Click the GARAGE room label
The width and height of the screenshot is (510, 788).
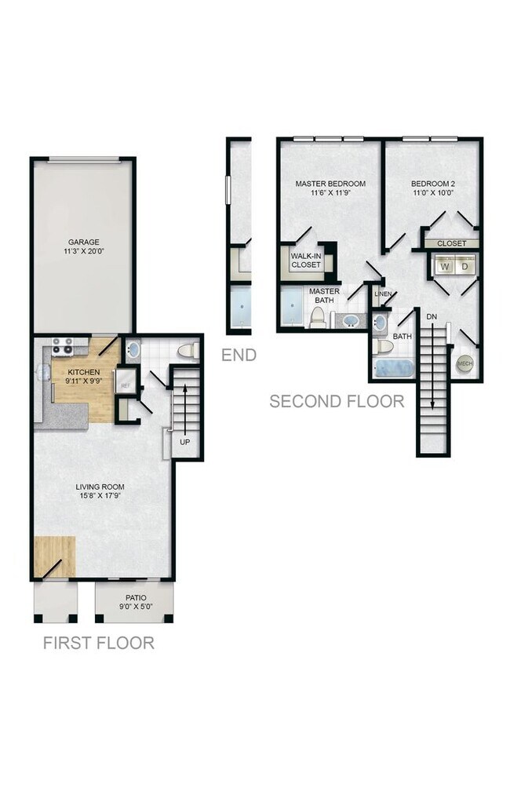pyautogui.click(x=84, y=243)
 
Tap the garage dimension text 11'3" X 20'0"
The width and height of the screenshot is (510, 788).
pyautogui.click(x=84, y=251)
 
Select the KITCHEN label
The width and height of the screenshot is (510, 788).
pyautogui.click(x=84, y=372)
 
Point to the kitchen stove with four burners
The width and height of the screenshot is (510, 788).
pyautogui.click(x=64, y=346)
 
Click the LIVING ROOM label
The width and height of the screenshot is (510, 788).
pyautogui.click(x=100, y=487)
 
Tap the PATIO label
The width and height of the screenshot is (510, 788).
pyautogui.click(x=136, y=598)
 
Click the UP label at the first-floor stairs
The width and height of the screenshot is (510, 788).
pyautogui.click(x=185, y=442)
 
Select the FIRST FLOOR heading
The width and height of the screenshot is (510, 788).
pyautogui.click(x=99, y=643)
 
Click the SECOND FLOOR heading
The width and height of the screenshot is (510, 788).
pyautogui.click(x=337, y=402)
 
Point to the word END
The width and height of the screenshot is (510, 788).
pyautogui.click(x=239, y=356)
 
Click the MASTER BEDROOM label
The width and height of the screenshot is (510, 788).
pyautogui.click(x=330, y=184)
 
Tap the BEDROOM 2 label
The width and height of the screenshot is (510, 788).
pyautogui.click(x=433, y=184)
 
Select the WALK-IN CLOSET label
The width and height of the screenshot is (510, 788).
pyautogui.click(x=306, y=261)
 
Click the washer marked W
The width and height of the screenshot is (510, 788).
pyautogui.click(x=445, y=266)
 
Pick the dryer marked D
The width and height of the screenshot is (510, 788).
pyautogui.click(x=465, y=266)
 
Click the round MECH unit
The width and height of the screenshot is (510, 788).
pyautogui.click(x=464, y=364)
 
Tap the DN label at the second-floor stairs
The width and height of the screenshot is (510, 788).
pyautogui.click(x=432, y=317)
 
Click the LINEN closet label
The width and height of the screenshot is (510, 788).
pyautogui.click(x=383, y=294)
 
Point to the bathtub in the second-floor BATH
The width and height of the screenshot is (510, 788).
pyautogui.click(x=395, y=368)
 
